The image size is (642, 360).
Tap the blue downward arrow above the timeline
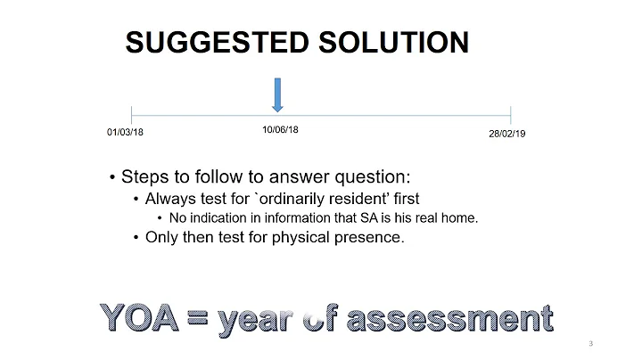coord(277,94)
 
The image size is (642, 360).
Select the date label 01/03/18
coord(125,133)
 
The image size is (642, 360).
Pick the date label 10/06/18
coord(280,129)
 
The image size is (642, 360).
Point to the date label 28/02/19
coord(507,134)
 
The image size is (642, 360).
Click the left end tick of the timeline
coord(131,115)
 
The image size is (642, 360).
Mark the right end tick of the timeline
coord(510,115)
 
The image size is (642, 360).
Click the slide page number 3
coord(591,343)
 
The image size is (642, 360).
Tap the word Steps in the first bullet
coord(144,176)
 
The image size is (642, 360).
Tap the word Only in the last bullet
coord(162,237)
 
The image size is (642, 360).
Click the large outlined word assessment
coord(448,318)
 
